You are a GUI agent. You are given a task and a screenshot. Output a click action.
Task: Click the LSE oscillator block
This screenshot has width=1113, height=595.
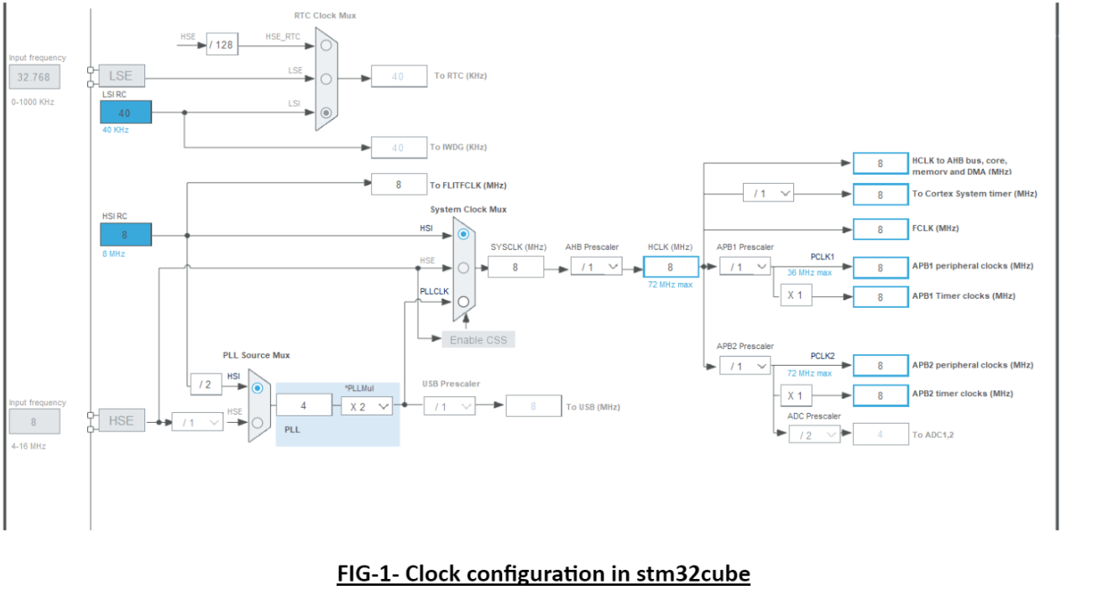tap(121, 76)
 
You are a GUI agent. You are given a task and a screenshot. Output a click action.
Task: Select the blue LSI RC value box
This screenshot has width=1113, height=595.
tap(126, 112)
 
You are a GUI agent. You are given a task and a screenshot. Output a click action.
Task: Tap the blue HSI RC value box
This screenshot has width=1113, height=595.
tap(126, 235)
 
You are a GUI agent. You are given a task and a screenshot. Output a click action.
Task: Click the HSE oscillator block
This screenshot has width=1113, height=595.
tap(121, 420)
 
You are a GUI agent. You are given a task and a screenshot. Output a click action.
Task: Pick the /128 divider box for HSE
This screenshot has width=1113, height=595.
tap(222, 44)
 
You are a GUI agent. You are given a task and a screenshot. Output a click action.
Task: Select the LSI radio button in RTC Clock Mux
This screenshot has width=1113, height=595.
tap(327, 112)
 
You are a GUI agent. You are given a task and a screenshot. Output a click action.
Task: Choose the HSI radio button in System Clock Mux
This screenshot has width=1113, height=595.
tap(463, 234)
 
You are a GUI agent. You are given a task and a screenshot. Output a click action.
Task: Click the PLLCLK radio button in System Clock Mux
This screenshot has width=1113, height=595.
tap(463, 301)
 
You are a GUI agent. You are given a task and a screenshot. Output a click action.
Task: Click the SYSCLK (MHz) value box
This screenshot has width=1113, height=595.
tap(515, 267)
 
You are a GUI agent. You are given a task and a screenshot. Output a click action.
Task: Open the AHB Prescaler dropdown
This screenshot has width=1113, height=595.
tap(596, 267)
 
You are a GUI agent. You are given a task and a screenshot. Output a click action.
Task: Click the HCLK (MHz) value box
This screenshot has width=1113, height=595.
tap(671, 267)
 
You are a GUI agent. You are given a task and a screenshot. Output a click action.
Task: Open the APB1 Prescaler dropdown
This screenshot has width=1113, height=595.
tap(745, 267)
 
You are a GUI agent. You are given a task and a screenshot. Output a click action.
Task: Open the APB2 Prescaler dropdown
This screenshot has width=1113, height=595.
tap(745, 366)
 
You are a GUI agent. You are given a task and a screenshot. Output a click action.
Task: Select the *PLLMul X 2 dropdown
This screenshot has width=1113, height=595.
tap(366, 406)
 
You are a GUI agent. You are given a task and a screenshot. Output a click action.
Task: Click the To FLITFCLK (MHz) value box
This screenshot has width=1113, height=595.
tap(399, 185)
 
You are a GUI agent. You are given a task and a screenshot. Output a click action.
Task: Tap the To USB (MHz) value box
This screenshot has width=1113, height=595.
tap(533, 406)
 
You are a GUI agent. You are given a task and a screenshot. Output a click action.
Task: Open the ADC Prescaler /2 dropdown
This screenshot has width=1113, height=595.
tap(813, 435)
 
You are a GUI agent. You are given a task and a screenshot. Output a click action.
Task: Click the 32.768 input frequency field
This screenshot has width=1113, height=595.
tap(34, 77)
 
